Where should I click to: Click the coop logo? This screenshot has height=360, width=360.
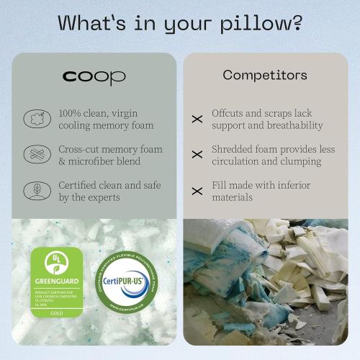coord(94,76)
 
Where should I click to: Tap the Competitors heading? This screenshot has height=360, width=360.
coord(264,75)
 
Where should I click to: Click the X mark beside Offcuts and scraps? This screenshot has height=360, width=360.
coord(197,120)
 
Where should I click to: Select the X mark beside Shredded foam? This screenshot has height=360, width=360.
coord(197,155)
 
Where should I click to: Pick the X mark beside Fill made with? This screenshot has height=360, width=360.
coord(197,191)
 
